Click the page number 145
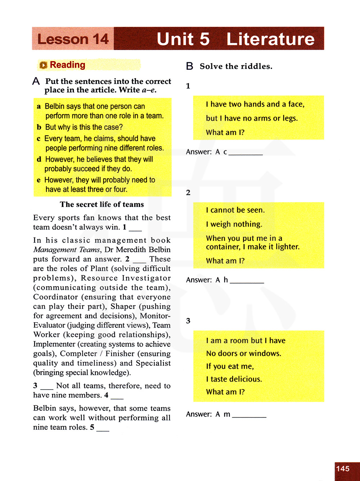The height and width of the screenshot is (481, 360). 343,468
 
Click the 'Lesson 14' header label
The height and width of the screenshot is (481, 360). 73,39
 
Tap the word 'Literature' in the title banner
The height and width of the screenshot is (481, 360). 270,39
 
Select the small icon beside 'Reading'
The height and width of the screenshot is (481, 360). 44,65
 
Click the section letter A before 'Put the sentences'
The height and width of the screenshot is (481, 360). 36,81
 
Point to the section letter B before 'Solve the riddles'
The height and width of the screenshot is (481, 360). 189,66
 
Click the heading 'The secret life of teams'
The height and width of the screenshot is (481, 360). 102,204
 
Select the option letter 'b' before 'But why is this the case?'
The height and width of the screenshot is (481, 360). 39,127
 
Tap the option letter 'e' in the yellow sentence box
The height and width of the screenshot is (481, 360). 39,180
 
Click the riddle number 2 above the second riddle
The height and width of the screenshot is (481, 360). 188,193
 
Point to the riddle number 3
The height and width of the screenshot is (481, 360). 188,321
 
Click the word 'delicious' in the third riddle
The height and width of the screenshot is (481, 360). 246,379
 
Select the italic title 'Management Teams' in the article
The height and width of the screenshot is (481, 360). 67,250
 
